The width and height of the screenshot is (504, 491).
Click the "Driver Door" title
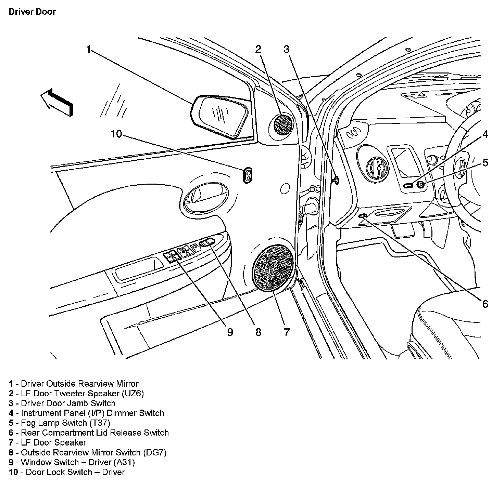(x=32, y=12)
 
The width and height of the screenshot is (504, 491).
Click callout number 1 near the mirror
(x=89, y=50)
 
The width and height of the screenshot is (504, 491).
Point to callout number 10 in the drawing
(x=116, y=134)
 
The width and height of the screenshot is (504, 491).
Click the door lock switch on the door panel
(x=248, y=175)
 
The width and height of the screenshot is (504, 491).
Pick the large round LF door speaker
(x=273, y=268)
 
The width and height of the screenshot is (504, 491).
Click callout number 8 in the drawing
(x=258, y=332)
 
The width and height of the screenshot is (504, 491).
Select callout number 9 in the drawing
(x=230, y=332)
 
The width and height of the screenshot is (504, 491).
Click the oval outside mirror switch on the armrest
(x=207, y=242)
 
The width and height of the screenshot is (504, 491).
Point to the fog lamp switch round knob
(x=421, y=185)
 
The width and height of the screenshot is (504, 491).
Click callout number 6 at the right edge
(x=485, y=304)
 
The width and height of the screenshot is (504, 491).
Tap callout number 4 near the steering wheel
(x=485, y=134)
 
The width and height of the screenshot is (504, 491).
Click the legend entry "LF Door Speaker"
(x=53, y=442)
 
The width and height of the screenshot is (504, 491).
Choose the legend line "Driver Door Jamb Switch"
(x=68, y=403)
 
